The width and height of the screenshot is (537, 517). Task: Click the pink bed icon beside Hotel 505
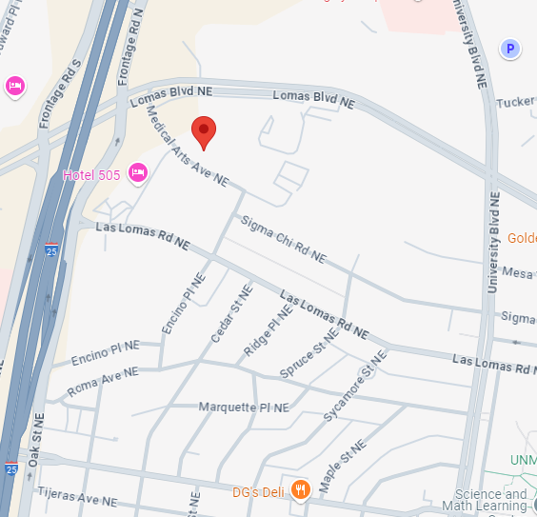137,172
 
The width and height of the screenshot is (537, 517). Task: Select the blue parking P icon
510,49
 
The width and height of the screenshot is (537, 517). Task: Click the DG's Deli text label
259,491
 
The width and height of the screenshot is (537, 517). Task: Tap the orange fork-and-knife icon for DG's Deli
301,490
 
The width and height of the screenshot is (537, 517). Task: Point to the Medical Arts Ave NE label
188,146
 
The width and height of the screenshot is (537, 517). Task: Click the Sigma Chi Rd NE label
283,240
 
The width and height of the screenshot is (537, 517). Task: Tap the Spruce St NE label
309,351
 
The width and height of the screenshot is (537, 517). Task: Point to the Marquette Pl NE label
243,408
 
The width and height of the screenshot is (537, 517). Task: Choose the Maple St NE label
342,466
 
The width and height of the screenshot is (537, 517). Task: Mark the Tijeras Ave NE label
75,496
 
